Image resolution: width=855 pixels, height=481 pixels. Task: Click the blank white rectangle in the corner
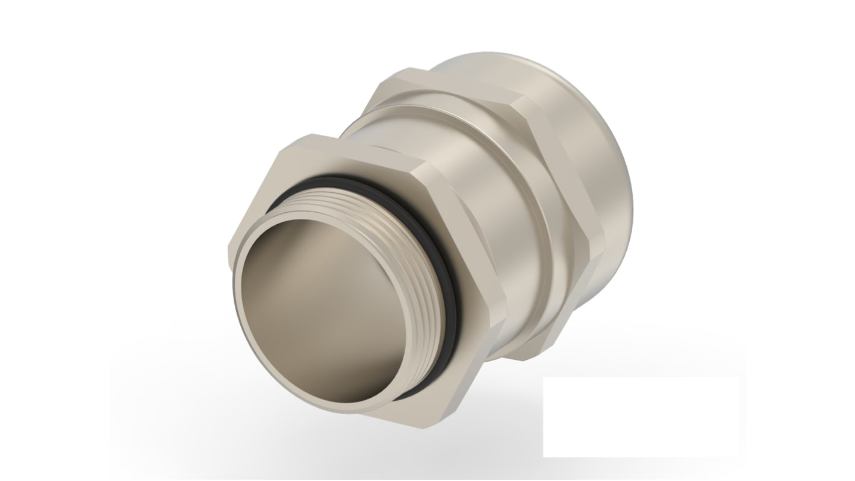pyautogui.click(x=641, y=417)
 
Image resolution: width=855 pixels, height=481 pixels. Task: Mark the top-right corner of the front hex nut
pyautogui.click(x=421, y=163)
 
